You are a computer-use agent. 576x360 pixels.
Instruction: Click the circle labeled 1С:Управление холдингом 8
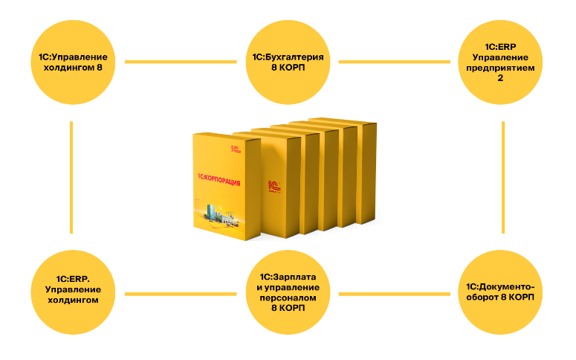[72, 62]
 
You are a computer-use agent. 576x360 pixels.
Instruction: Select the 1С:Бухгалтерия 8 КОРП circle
[288, 62]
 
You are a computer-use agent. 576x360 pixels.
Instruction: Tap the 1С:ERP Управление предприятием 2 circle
[503, 62]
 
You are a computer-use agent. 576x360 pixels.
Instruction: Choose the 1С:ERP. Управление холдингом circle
[72, 293]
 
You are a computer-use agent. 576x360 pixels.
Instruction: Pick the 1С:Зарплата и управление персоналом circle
[288, 293]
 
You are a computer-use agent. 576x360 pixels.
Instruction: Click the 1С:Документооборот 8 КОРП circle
[503, 293]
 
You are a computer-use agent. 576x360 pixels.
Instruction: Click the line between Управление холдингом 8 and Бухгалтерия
[180, 62]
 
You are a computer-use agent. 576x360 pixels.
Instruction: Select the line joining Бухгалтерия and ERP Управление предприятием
[395, 62]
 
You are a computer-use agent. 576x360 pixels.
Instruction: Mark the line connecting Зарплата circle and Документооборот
[395, 293]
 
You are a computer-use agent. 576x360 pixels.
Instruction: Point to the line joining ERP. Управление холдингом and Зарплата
[180, 293]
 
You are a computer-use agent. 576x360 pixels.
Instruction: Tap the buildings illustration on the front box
[220, 215]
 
